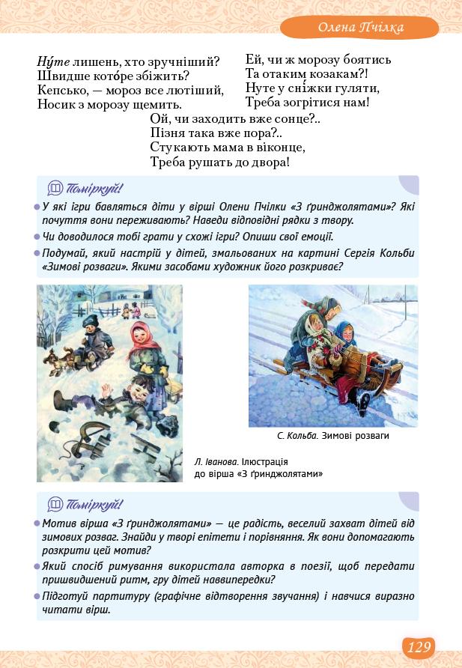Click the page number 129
(419, 646)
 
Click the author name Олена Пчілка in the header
(360, 28)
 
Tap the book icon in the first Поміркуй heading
(55, 188)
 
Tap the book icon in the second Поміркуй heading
(55, 504)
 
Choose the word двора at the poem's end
(267, 162)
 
